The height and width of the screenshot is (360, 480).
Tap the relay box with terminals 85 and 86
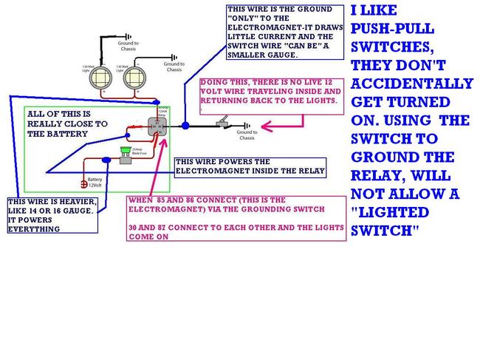(x=157, y=123)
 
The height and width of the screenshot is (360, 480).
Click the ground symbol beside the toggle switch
(x=247, y=126)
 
